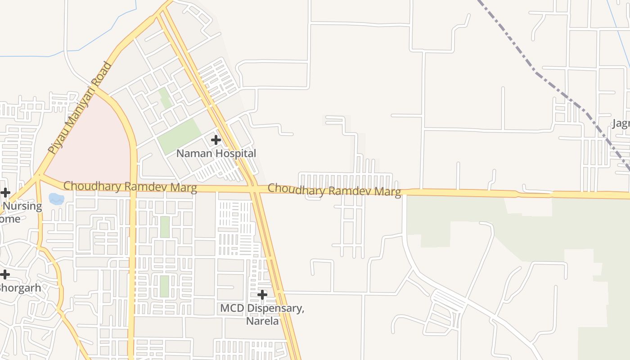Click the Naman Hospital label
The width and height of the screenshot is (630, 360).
(216, 153)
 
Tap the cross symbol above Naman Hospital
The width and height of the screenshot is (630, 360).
(216, 140)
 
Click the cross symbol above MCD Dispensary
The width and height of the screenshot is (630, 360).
(262, 295)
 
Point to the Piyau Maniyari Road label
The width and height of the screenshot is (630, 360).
(80, 108)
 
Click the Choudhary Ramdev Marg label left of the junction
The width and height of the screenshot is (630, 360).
(130, 187)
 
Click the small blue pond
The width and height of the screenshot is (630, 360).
(56, 198)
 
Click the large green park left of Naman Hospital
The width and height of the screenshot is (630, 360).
(179, 136)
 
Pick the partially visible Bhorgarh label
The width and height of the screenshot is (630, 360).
(20, 288)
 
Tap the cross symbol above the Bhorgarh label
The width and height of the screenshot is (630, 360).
(5, 274)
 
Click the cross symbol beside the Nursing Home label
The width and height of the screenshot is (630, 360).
(5, 193)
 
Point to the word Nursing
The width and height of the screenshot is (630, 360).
(22, 207)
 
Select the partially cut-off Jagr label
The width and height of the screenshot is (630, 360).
(621, 123)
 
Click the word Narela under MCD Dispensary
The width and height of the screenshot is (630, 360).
(262, 321)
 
